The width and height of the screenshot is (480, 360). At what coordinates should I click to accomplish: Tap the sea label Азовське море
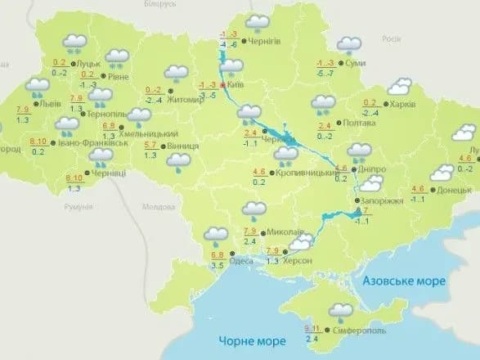(x=405, y=281)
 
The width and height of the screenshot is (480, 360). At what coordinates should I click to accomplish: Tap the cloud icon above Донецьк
(x=442, y=172)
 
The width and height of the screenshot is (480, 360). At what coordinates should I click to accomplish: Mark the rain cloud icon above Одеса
(x=216, y=236)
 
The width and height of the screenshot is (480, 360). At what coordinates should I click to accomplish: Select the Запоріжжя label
(x=379, y=200)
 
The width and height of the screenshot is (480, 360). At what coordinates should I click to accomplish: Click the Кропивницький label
(x=306, y=174)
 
